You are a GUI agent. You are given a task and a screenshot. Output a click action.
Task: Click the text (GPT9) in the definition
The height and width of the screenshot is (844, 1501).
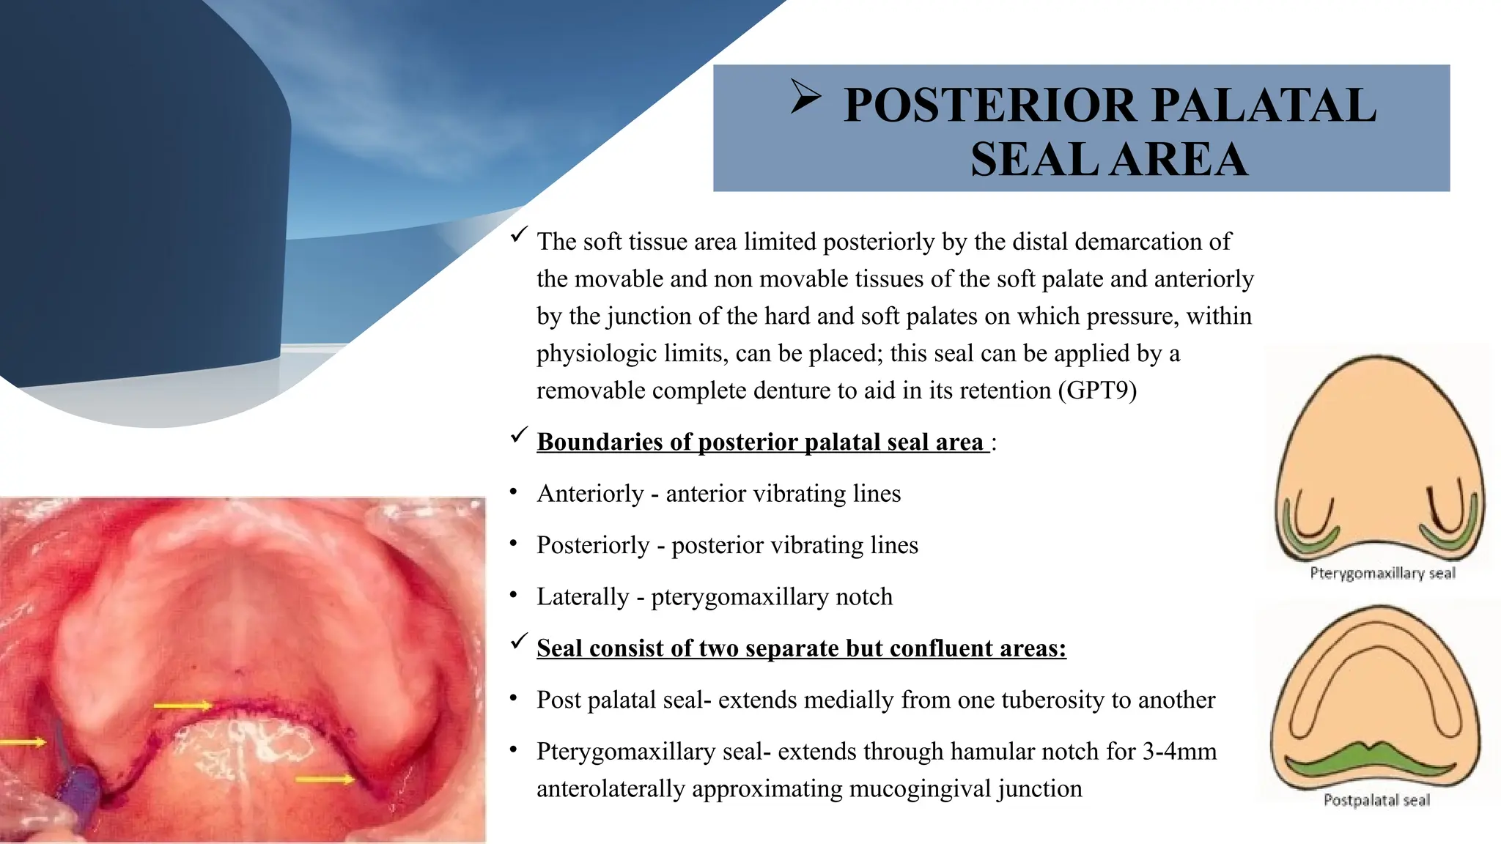click(x=1097, y=390)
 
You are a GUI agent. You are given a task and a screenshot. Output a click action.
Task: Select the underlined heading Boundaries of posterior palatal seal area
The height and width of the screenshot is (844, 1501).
click(x=762, y=442)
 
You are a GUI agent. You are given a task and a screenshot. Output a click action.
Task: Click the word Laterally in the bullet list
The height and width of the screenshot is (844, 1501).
click(x=583, y=597)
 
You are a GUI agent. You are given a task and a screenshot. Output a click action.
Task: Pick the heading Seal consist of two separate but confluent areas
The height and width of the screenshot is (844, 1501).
click(x=801, y=648)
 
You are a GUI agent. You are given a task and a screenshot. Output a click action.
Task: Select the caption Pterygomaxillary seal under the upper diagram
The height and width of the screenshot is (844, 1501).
click(x=1382, y=573)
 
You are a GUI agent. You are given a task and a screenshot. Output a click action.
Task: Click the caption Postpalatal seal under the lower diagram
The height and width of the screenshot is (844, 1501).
click(x=1376, y=800)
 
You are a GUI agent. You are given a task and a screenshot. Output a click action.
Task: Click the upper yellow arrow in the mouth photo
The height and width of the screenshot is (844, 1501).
click(x=182, y=706)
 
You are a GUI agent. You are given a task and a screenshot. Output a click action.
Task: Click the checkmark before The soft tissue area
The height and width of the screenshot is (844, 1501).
click(x=519, y=235)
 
